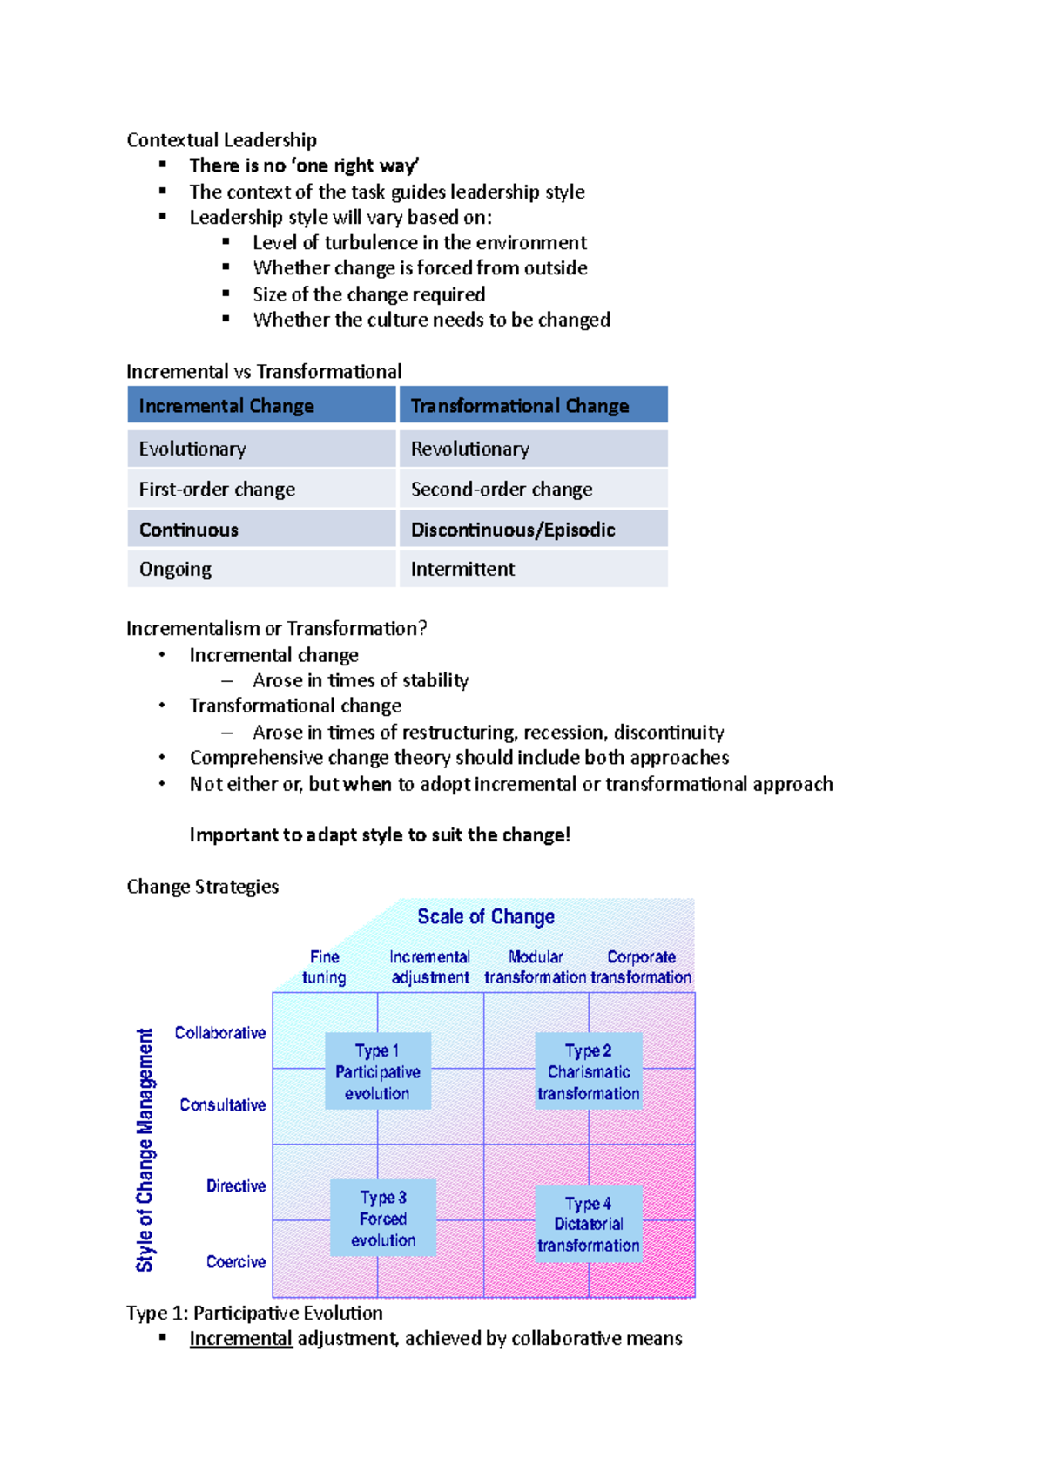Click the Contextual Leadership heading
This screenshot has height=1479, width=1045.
[x=221, y=140]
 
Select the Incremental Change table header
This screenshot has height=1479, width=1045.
[x=261, y=406]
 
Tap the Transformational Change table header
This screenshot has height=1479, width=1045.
[x=533, y=406]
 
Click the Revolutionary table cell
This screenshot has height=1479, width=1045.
[x=533, y=449]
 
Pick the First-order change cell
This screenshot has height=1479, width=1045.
[x=261, y=490]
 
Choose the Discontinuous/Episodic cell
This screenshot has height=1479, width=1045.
[x=533, y=530]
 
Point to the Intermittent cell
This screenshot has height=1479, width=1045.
[x=533, y=569]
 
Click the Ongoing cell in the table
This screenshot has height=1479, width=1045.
[x=261, y=569]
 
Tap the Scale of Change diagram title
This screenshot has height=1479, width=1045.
[x=486, y=916]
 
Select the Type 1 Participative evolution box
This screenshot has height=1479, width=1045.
[x=378, y=1071]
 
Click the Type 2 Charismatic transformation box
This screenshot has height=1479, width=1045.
[x=589, y=1071]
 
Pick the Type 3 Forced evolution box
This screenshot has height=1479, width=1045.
[x=383, y=1219]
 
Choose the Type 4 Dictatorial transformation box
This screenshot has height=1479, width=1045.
[x=589, y=1224]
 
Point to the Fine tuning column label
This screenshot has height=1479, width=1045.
[x=324, y=967]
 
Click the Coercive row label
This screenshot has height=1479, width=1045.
[x=236, y=1261]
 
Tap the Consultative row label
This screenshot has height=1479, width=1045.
[x=223, y=1104]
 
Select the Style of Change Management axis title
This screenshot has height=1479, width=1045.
[x=145, y=1150]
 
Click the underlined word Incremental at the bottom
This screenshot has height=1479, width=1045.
[x=240, y=1338]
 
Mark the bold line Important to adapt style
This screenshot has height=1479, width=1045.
[x=380, y=834]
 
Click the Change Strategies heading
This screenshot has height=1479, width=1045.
[x=203, y=887]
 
